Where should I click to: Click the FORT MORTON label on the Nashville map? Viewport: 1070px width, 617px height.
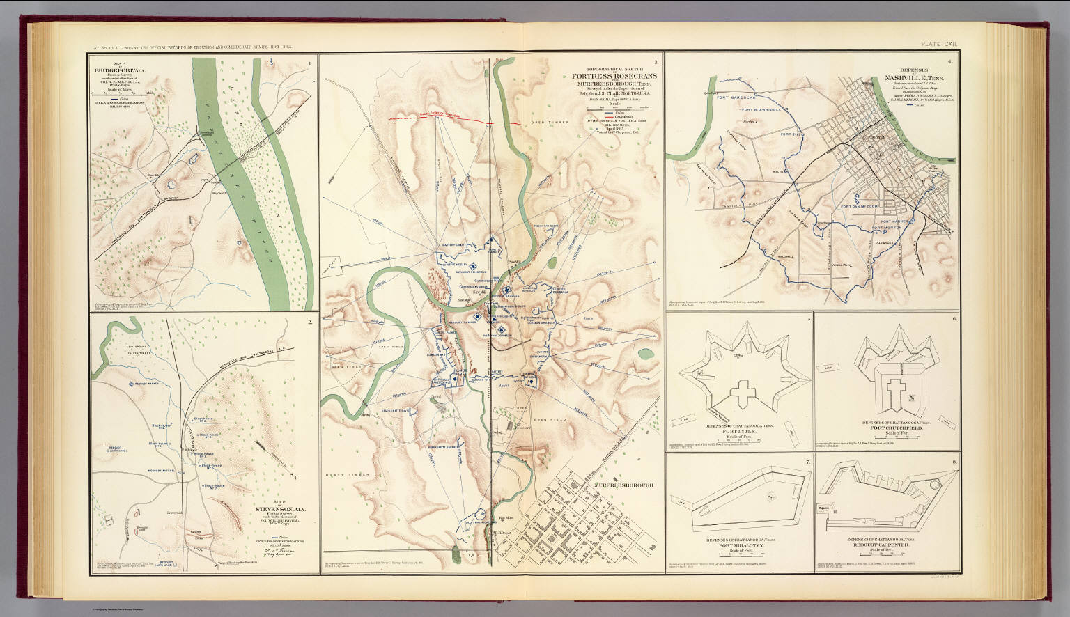click(887, 226)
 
